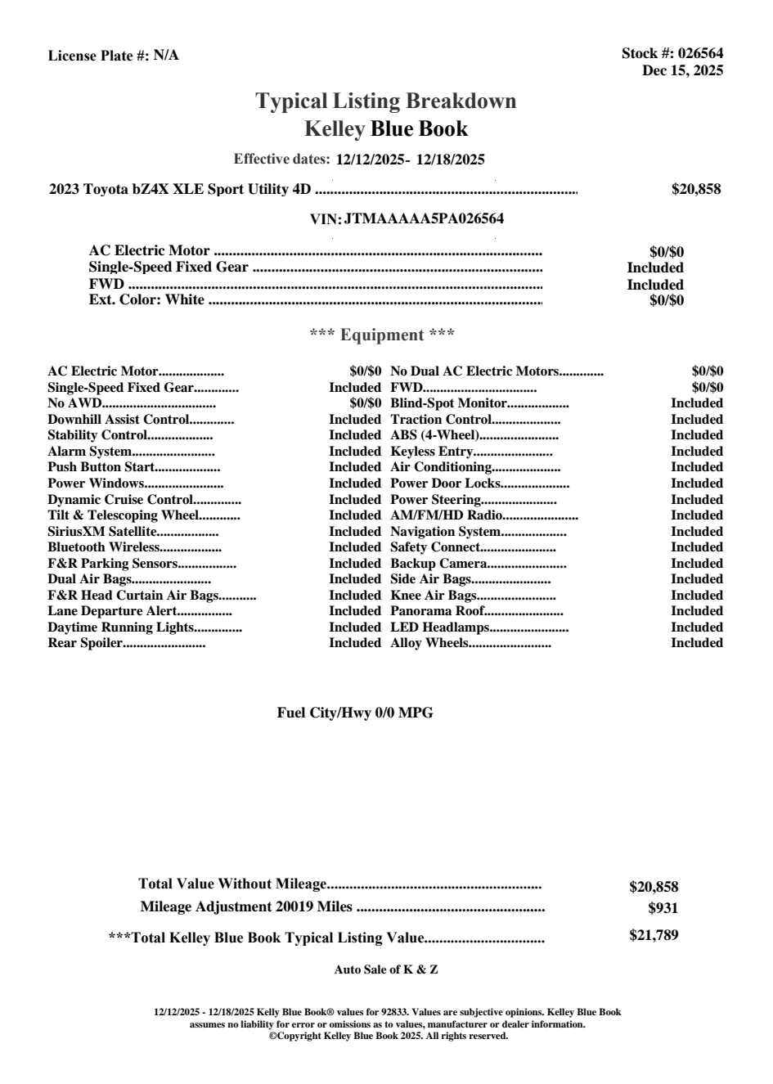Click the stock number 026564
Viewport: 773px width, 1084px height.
point(701,53)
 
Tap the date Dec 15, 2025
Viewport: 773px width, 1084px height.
point(682,70)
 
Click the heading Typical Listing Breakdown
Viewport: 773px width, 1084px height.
point(386,101)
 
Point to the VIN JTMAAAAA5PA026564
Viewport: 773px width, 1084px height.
point(424,218)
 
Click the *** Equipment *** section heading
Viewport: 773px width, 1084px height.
point(382,335)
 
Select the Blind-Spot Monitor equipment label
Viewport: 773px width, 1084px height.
point(449,403)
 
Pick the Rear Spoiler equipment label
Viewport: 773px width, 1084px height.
point(84,643)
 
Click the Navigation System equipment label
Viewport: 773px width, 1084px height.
point(445,532)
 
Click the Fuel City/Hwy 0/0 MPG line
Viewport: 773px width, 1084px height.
point(355,713)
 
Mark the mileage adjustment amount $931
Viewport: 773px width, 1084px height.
point(663,907)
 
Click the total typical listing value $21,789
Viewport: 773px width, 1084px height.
point(654,935)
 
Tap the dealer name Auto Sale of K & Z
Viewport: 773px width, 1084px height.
point(386,969)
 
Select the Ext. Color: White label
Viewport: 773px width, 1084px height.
point(146,299)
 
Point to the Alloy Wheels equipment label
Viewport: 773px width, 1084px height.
point(429,643)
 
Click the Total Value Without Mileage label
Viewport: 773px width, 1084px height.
point(232,884)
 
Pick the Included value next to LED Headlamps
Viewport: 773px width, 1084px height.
point(697,627)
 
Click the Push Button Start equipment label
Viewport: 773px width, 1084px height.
point(101,467)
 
